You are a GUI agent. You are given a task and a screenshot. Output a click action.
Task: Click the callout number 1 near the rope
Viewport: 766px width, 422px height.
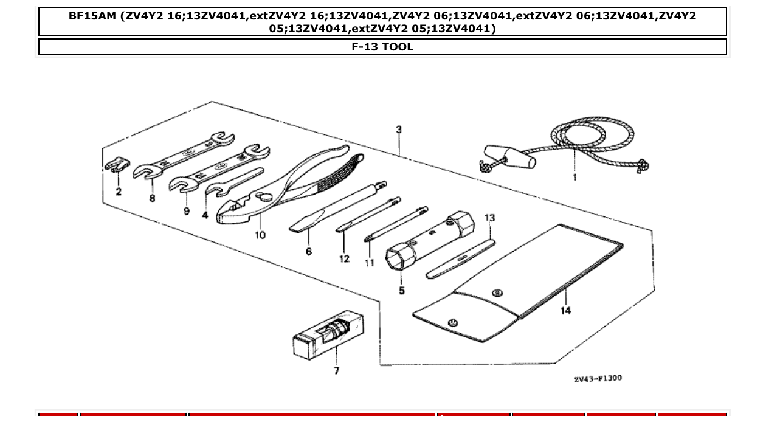[x=574, y=178]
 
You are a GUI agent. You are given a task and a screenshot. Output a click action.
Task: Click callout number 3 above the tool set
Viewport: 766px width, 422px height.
[x=399, y=130]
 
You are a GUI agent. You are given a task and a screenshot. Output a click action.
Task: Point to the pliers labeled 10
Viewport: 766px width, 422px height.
[x=286, y=182]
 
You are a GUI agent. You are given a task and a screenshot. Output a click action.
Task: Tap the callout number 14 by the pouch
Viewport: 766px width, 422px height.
[x=565, y=311]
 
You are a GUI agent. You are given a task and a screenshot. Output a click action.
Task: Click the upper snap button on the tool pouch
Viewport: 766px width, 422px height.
[x=498, y=292]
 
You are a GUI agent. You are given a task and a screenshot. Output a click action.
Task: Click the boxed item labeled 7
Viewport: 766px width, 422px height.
[x=328, y=336]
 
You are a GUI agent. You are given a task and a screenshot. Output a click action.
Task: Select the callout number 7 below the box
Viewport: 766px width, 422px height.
[x=336, y=370]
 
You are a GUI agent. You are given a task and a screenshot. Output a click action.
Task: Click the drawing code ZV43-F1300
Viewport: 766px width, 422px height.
[x=598, y=379]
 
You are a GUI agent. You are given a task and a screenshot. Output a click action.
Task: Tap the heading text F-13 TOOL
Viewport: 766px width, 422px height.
[x=382, y=47]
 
